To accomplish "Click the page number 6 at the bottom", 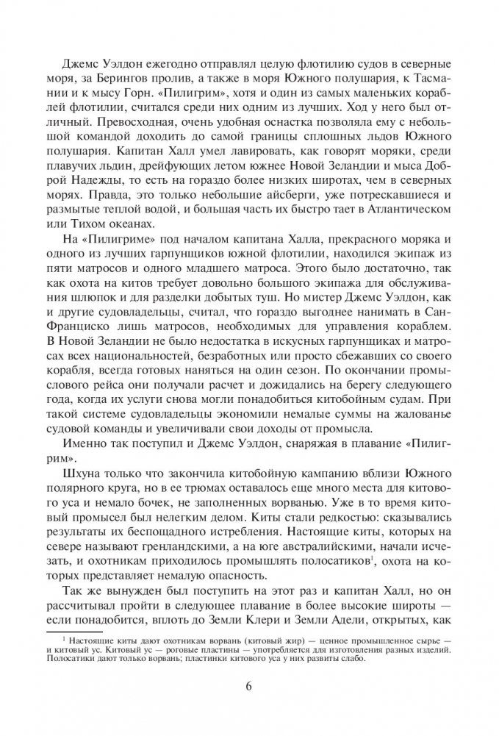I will point(249,687).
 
